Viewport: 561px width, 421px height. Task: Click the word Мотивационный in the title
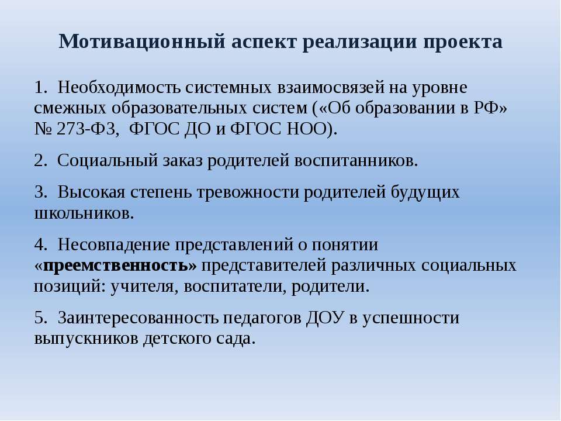pos(142,42)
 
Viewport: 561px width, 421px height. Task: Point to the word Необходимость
pos(119,88)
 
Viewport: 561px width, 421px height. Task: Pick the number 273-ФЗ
pos(88,129)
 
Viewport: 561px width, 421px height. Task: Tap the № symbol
pos(43,129)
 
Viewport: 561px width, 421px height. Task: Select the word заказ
pos(182,161)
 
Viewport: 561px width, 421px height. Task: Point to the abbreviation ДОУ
pos(325,318)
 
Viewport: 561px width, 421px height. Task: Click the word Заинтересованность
pos(138,318)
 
